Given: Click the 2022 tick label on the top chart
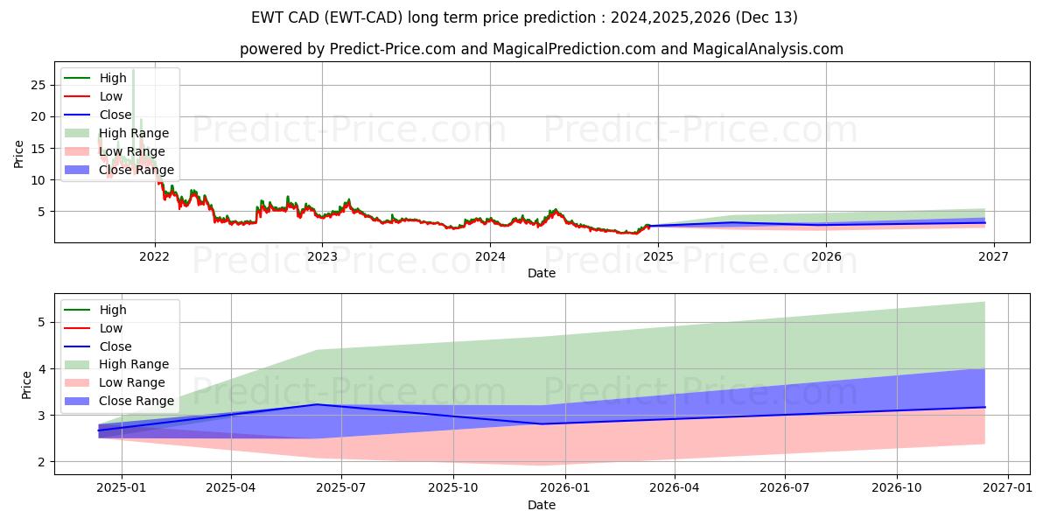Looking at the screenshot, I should point(155,256).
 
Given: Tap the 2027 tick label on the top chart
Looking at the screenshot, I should point(993,256).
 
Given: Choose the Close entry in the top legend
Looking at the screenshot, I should point(116,115).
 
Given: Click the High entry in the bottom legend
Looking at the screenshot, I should point(113,310).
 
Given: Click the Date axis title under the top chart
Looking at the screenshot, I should point(541,273).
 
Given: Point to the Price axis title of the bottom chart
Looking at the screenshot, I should point(26,384).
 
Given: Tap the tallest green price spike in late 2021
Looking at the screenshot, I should point(133,70).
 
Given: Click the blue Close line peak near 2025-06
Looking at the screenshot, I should point(317,404).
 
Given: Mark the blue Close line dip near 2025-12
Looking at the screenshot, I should point(542,423).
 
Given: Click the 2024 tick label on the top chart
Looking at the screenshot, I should point(490,256).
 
